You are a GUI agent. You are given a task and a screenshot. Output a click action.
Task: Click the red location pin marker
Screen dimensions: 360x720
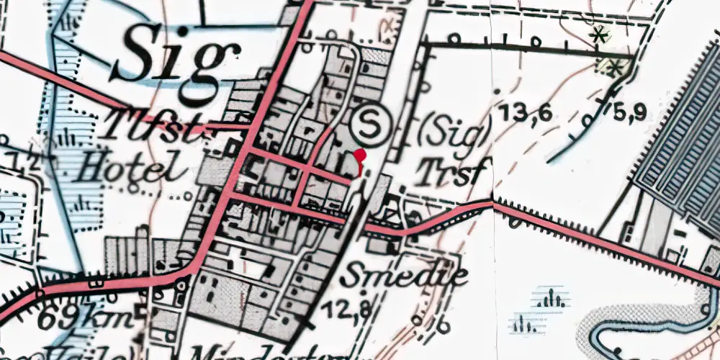pyautogui.click(x=361, y=157)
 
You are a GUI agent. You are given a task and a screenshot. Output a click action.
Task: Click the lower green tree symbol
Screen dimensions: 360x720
pyautogui.click(x=614, y=68)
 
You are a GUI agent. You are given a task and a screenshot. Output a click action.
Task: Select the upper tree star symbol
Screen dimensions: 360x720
pyautogui.click(x=597, y=33)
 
